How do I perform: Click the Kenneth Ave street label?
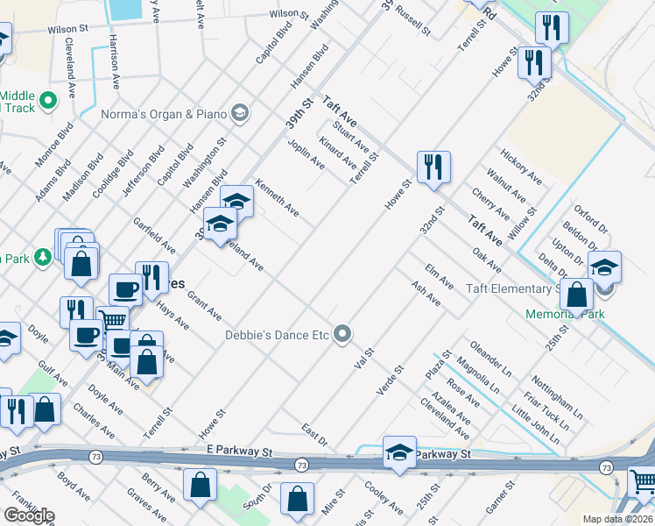pos(277,199)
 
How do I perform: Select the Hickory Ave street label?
pos(521,167)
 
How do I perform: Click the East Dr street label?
pos(313,434)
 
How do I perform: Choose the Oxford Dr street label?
pos(591,221)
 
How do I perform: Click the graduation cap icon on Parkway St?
pos(399,453)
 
